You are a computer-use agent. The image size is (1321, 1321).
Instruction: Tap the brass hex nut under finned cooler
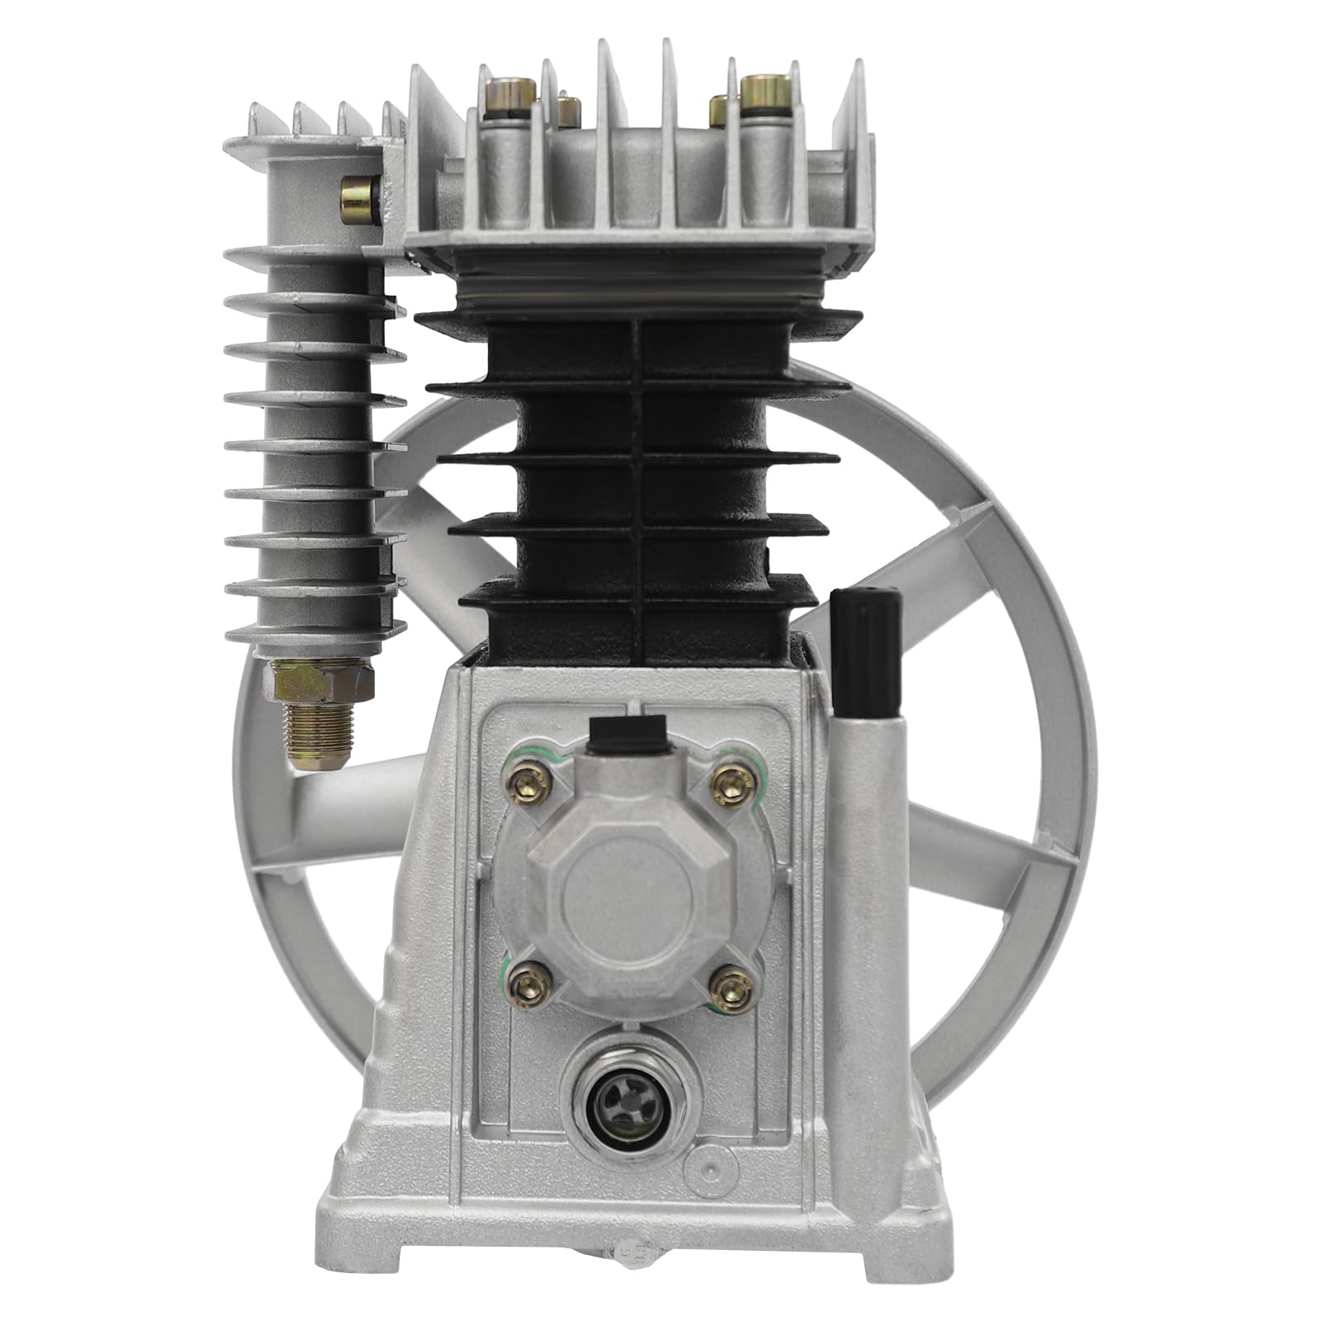point(317,679)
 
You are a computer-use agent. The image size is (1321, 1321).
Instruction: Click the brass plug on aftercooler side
point(360,196)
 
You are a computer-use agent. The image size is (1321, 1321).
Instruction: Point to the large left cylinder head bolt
point(505,94)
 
